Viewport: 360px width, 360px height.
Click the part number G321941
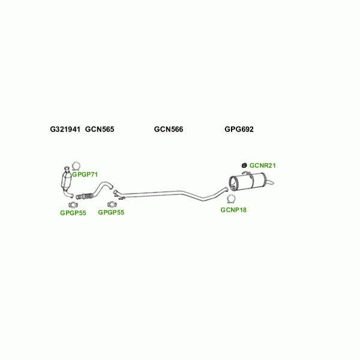pyautogui.click(x=65, y=129)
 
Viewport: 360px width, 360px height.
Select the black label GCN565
pyautogui.click(x=100, y=129)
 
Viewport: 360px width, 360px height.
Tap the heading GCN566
pyautogui.click(x=169, y=129)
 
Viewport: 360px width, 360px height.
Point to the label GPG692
pyautogui.click(x=239, y=129)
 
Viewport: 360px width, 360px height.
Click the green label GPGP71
pyautogui.click(x=85, y=175)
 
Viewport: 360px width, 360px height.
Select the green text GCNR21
pyautogui.click(x=263, y=166)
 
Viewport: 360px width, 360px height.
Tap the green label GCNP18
pyautogui.click(x=233, y=210)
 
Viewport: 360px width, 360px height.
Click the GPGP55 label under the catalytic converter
pyautogui.click(x=73, y=213)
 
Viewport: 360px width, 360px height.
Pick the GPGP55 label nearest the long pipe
pyautogui.click(x=111, y=212)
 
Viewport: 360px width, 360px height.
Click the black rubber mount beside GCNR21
pyautogui.click(x=244, y=165)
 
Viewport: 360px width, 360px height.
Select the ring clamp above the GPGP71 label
pyautogui.click(x=76, y=166)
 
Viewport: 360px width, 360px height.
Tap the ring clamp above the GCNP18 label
pyautogui.click(x=231, y=199)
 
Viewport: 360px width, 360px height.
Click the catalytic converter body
pyautogui.click(x=66, y=180)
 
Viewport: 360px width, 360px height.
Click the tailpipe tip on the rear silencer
pyautogui.click(x=271, y=183)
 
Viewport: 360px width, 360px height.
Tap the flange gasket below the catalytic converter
pyautogui.click(x=73, y=205)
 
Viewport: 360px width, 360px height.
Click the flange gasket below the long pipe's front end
pyautogui.click(x=112, y=204)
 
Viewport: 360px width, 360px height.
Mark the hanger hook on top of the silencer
pyautogui.click(x=246, y=173)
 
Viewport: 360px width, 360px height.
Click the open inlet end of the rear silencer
pyautogui.click(x=233, y=184)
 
